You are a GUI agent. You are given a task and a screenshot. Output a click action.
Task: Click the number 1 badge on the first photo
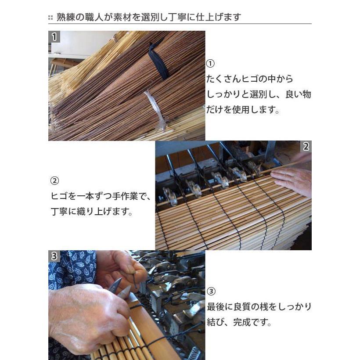[54, 37]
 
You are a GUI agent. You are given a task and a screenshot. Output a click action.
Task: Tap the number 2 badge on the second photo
[306, 147]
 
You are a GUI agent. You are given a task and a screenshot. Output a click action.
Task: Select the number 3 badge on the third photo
[54, 256]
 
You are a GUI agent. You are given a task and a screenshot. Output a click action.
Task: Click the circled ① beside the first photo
[210, 64]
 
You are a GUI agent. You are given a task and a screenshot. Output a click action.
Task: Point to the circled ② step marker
[55, 181]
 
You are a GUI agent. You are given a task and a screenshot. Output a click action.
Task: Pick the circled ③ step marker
[211, 291]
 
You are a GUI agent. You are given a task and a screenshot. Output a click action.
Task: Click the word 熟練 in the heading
[65, 18]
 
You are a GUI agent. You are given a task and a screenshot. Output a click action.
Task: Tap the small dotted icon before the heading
[50, 18]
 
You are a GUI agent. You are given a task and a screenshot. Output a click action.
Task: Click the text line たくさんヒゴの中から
[250, 79]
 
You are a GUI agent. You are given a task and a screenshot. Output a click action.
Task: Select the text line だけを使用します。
[243, 110]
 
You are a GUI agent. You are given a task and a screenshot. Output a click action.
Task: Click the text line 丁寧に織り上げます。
[92, 211]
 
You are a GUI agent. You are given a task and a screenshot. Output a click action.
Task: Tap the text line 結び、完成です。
[239, 322]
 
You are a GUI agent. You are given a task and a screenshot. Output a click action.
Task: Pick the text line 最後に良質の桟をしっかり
[259, 307]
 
